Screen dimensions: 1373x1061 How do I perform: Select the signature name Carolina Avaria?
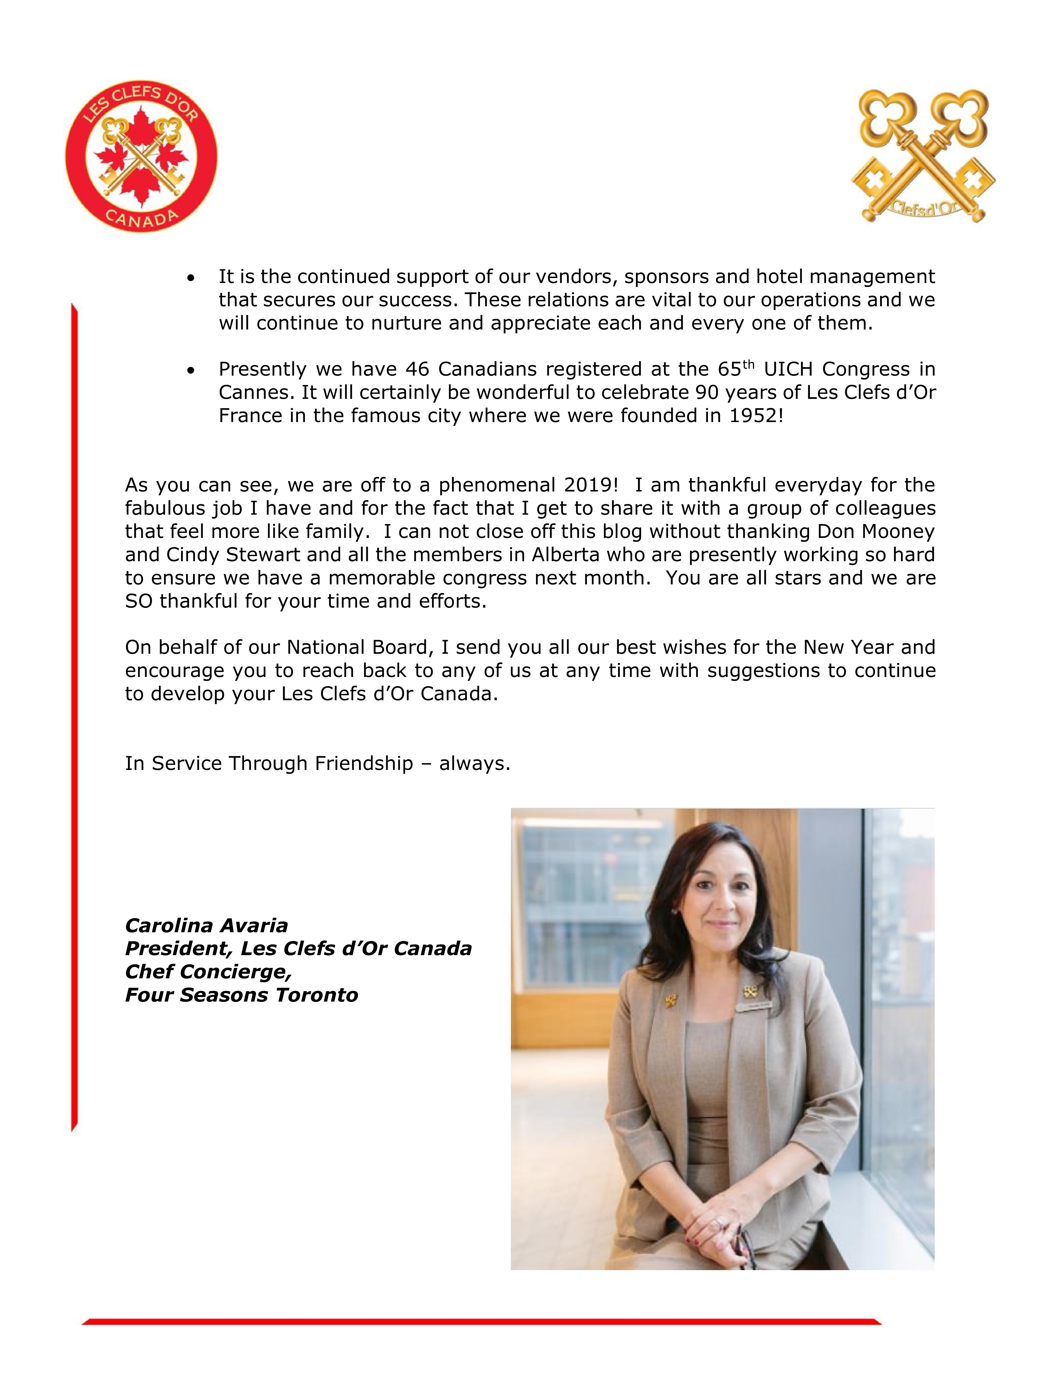point(206,925)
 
